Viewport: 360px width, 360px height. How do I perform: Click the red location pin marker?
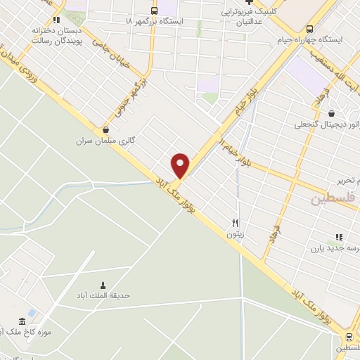tap(181, 165)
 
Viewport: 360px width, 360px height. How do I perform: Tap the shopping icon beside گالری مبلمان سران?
tap(105, 129)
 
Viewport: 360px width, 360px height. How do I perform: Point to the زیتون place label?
tap(234, 234)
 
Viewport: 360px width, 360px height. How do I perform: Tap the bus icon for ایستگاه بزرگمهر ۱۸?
tap(155, 11)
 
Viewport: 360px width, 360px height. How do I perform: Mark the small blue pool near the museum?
tap(32, 312)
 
